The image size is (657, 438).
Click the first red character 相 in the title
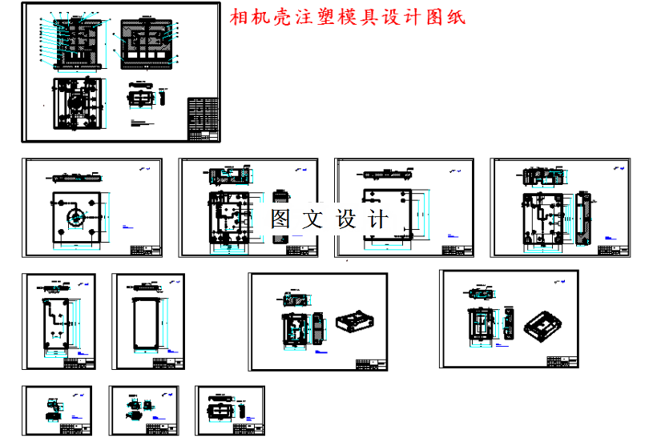click(x=239, y=18)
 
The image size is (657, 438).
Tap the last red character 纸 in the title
click(x=456, y=18)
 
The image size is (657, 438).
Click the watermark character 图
click(x=280, y=219)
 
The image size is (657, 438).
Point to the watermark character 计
click(x=378, y=219)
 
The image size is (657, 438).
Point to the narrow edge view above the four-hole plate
click(x=75, y=176)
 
